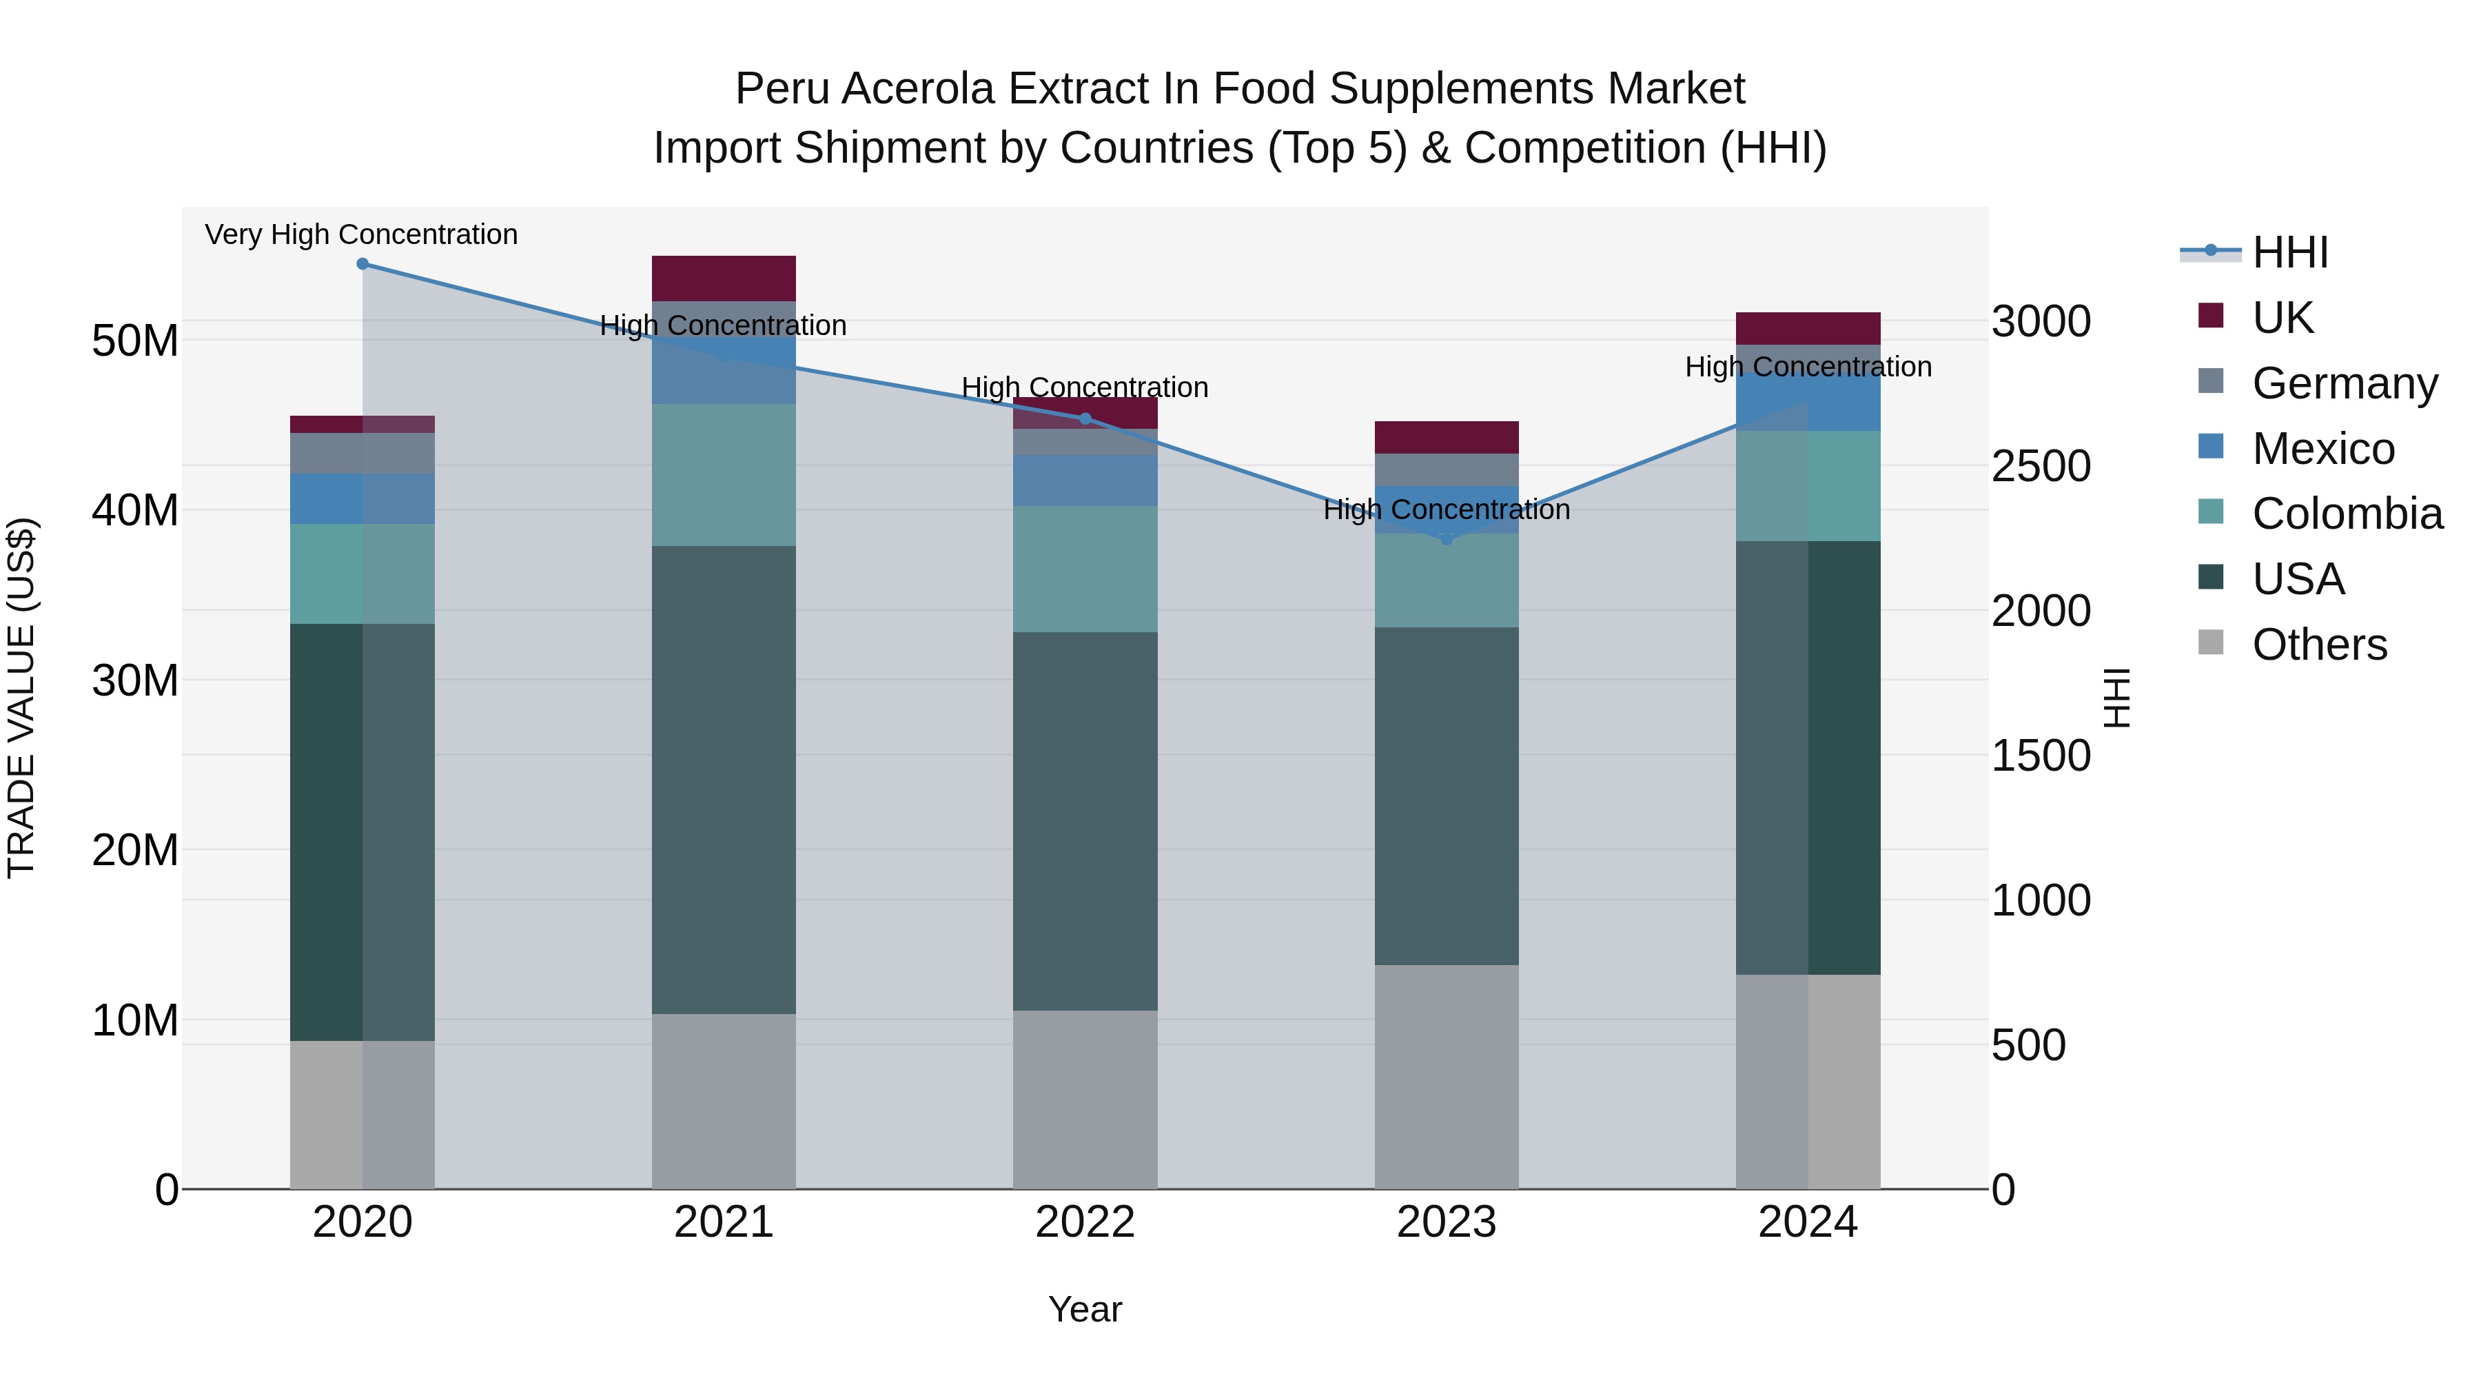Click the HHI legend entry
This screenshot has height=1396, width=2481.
2289,252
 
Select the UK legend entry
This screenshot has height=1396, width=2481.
2282,318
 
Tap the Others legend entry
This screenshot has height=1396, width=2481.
2319,645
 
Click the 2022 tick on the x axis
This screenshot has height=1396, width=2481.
1085,1222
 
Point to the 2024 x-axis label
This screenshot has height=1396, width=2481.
1807,1222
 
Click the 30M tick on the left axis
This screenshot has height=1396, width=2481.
135,680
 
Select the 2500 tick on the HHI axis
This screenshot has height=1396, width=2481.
2040,466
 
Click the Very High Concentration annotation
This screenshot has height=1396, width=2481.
361,235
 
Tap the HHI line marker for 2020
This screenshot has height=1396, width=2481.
362,264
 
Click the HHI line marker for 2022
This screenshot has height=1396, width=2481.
1085,419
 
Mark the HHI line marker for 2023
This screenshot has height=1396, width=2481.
1446,540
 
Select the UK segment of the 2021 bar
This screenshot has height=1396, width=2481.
724,279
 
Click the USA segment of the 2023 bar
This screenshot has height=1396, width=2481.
1446,795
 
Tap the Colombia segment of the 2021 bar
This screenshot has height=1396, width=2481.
724,475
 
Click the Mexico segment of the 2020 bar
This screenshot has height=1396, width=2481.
362,498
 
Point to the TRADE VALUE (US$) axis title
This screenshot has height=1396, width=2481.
21,698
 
